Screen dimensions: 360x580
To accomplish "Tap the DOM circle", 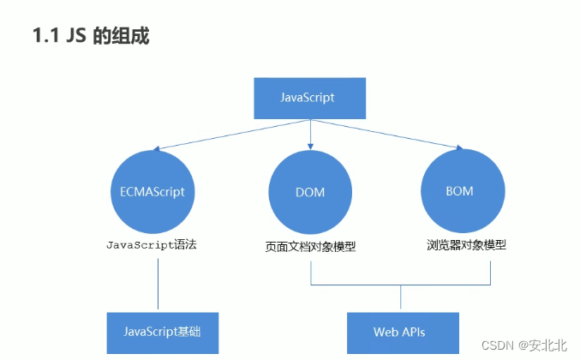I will pos(309,191).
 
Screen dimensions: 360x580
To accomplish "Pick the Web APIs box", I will pos(399,332).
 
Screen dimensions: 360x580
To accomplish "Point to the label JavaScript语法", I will pos(158,245).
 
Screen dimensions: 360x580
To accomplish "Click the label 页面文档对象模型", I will pos(310,247).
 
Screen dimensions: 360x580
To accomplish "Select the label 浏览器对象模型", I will pos(466,244).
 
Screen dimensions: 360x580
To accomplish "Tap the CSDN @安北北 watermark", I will pos(523,345).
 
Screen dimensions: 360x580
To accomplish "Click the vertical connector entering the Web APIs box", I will pos(400,297).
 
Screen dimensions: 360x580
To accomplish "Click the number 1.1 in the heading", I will pos(45,36).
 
